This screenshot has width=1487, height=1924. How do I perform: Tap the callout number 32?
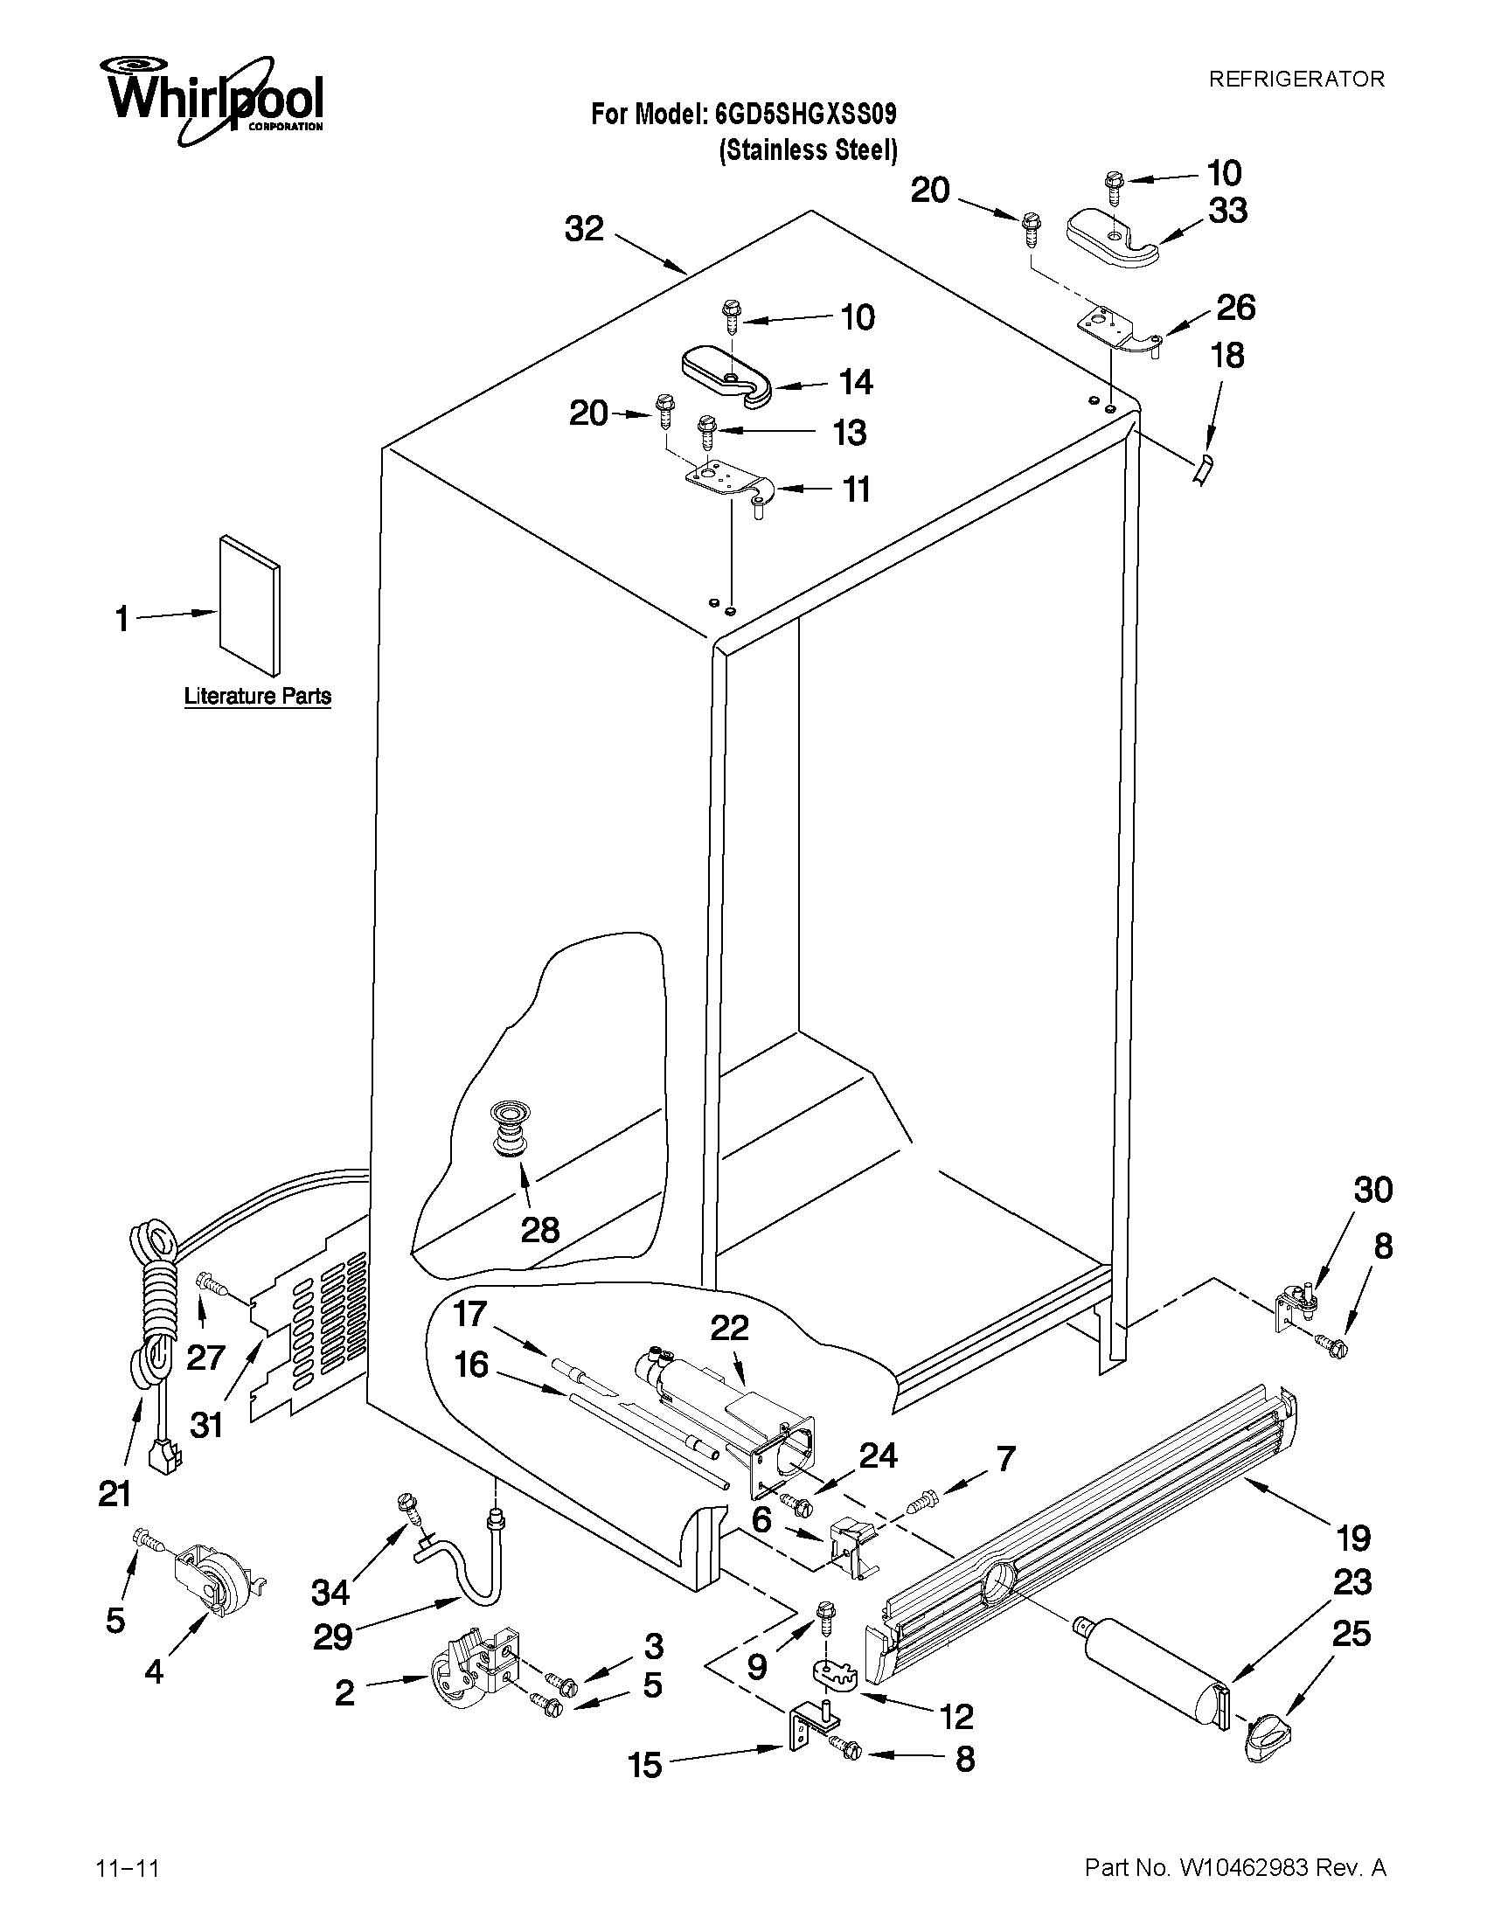(x=584, y=228)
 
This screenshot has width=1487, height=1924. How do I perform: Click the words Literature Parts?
(x=257, y=696)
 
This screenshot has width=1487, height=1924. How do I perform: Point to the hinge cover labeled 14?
(x=726, y=376)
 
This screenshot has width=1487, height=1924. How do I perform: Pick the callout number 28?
(x=539, y=1229)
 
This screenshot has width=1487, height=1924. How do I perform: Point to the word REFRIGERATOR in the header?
(x=1296, y=80)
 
